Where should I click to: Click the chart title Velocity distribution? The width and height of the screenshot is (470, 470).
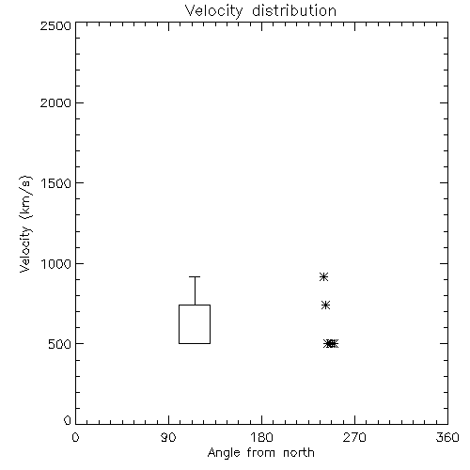260,11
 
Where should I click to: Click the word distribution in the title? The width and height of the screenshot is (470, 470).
294,10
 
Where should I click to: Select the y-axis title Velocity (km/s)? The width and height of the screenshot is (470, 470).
25,224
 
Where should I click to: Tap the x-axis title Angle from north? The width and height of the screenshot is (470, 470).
260,453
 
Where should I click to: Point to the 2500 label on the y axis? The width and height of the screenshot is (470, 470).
55,25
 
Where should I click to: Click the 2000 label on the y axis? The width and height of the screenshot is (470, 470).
55,102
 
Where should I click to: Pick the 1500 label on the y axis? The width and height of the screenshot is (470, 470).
56,183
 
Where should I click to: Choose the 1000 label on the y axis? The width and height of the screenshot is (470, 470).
56,263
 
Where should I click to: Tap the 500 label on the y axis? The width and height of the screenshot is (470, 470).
60,344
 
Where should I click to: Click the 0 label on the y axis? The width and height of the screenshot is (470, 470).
68,420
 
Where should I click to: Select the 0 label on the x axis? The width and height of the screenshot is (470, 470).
75,437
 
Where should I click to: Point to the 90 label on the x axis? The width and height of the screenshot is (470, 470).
168,437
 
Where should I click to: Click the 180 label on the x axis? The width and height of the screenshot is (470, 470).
261,437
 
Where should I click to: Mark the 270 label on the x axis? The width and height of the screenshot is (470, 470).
354,437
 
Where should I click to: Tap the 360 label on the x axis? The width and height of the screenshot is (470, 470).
447,437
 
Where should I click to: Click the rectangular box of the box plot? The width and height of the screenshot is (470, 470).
179,324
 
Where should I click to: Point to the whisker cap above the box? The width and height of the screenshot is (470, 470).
195,276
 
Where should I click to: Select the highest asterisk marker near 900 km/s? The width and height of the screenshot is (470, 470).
323,277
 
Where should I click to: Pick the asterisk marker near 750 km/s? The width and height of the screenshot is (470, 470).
325,305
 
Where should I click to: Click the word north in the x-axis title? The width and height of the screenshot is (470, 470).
299,453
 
